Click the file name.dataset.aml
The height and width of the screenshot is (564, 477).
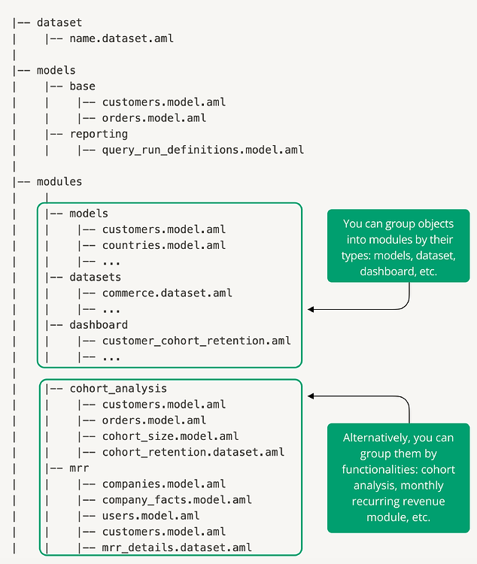click(121, 38)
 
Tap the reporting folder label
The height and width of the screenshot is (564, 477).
click(99, 134)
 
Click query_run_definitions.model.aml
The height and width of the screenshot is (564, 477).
click(202, 150)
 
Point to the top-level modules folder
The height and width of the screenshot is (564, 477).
click(59, 181)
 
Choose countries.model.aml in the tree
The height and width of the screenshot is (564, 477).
click(163, 245)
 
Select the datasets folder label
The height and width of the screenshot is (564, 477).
click(96, 277)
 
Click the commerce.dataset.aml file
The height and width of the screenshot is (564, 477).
click(167, 293)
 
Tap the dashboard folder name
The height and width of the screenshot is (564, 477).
click(99, 325)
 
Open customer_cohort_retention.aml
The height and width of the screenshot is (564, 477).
click(196, 341)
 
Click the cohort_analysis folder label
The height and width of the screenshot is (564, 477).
click(118, 389)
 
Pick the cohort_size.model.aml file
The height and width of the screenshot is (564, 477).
click(170, 436)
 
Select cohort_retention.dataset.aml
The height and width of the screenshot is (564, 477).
click(193, 452)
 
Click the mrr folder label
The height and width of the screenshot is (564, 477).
click(79, 468)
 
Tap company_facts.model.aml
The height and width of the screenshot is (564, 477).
click(177, 499)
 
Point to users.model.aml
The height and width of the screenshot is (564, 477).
click(150, 516)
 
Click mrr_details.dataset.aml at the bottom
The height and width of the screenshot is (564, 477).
click(177, 547)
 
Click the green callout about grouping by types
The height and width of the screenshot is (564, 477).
click(399, 248)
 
